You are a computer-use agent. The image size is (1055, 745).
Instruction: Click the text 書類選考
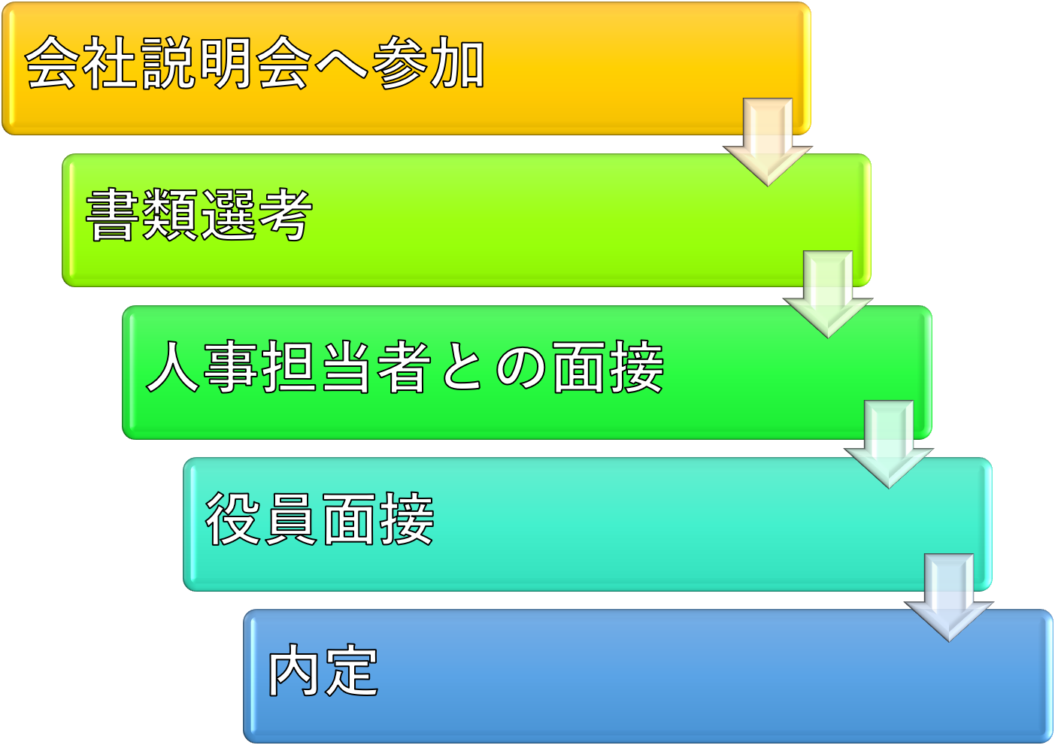click(199, 216)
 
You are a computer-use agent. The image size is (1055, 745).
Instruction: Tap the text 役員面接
click(320, 519)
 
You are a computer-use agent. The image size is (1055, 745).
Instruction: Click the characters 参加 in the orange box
click(429, 63)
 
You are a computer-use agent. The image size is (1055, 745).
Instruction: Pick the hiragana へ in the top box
click(341, 65)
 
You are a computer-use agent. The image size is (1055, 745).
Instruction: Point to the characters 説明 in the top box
click(197, 63)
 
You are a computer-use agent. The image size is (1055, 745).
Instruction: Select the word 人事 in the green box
click(203, 367)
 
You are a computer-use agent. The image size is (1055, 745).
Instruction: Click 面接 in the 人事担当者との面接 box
click(608, 367)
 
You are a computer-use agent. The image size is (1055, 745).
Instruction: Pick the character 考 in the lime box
click(284, 216)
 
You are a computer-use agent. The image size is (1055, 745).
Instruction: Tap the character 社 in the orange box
click(111, 63)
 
